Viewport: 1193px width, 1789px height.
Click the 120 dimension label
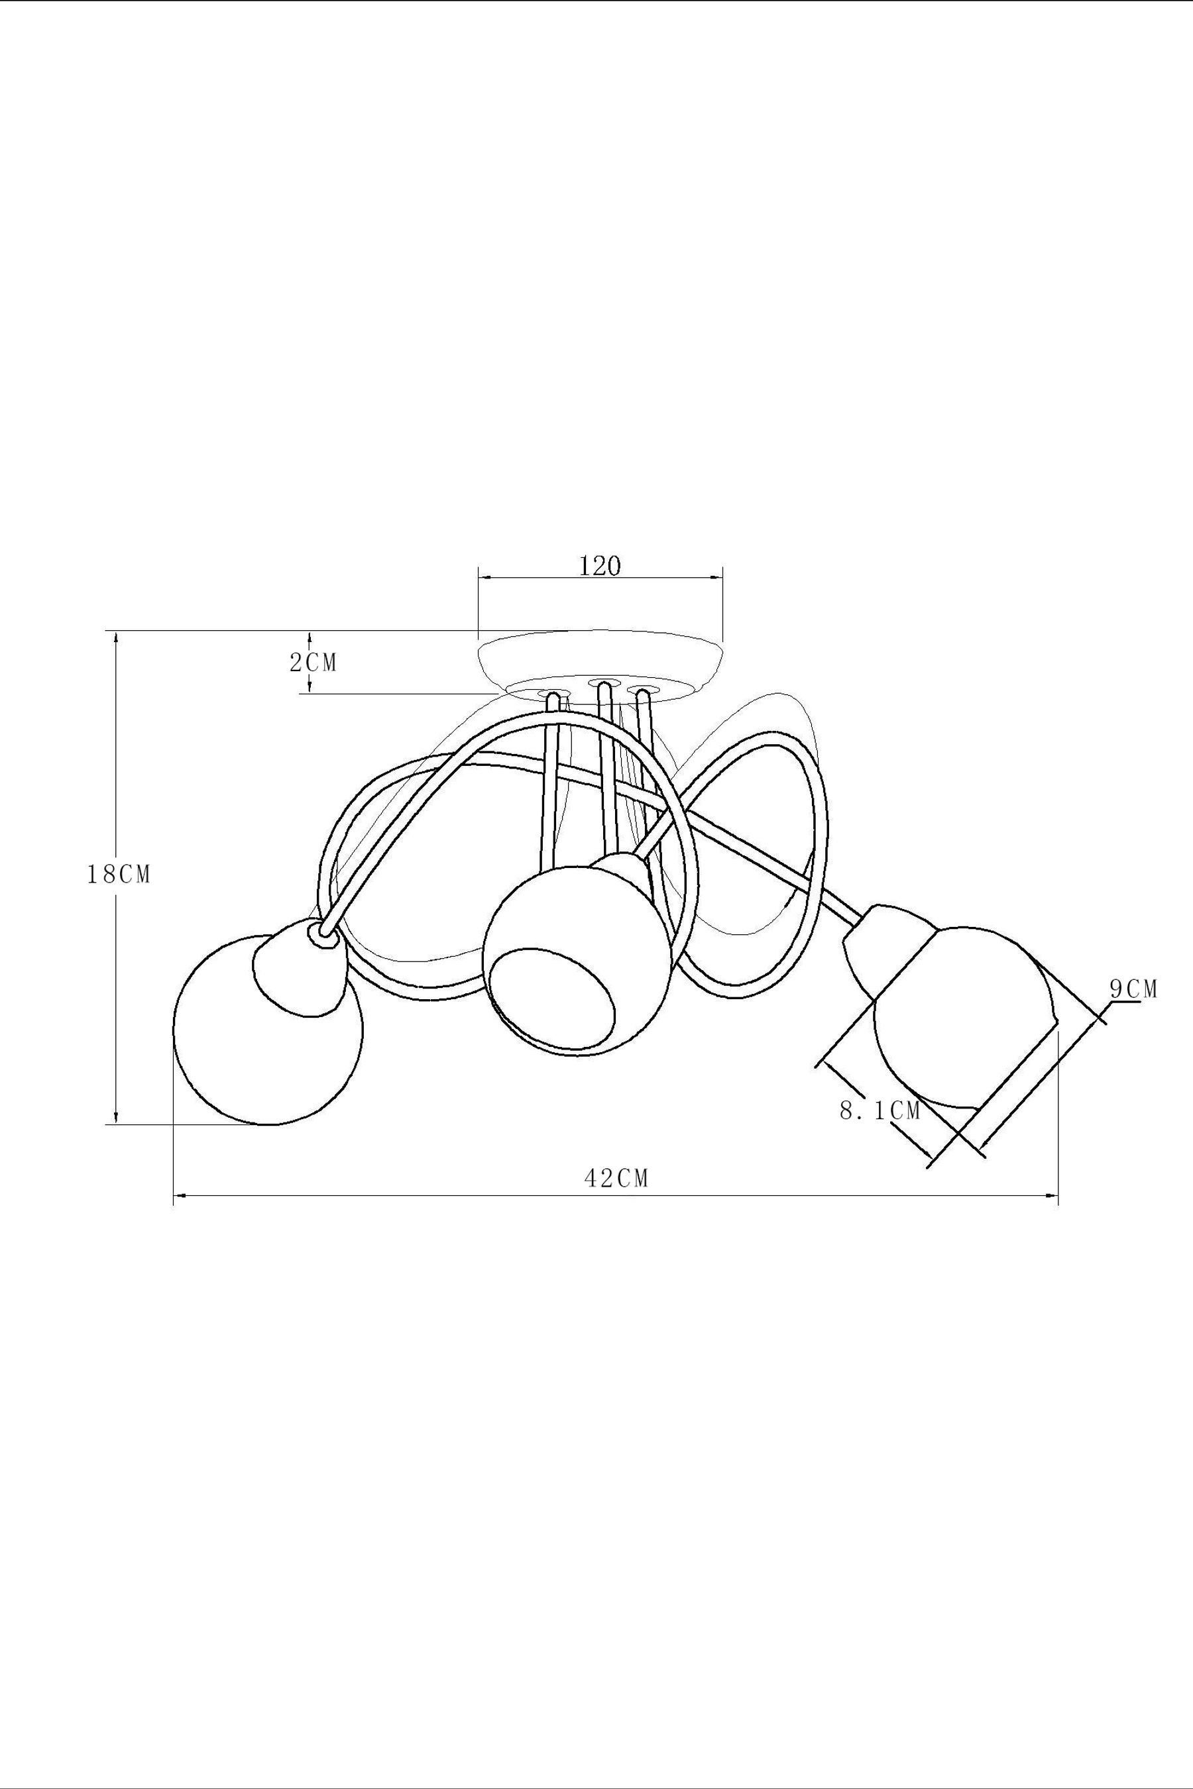tap(600, 567)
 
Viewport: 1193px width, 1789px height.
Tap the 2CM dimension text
tap(313, 663)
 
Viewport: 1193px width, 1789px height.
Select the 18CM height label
tap(119, 875)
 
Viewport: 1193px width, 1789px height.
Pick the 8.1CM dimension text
tap(880, 1111)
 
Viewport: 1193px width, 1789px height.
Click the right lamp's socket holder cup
tap(883, 943)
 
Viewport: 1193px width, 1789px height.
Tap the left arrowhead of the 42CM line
tap(180, 1196)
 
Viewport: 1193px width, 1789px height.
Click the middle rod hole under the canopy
tap(603, 682)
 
